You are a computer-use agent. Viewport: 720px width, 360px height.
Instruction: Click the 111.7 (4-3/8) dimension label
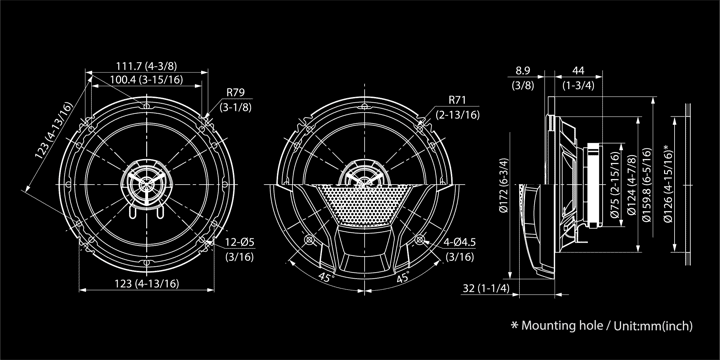146,66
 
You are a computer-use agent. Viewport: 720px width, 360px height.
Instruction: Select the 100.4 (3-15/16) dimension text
146,80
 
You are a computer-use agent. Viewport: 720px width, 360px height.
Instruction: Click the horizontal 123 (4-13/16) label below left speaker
146,284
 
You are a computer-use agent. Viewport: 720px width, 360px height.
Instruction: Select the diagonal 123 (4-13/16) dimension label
54,131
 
